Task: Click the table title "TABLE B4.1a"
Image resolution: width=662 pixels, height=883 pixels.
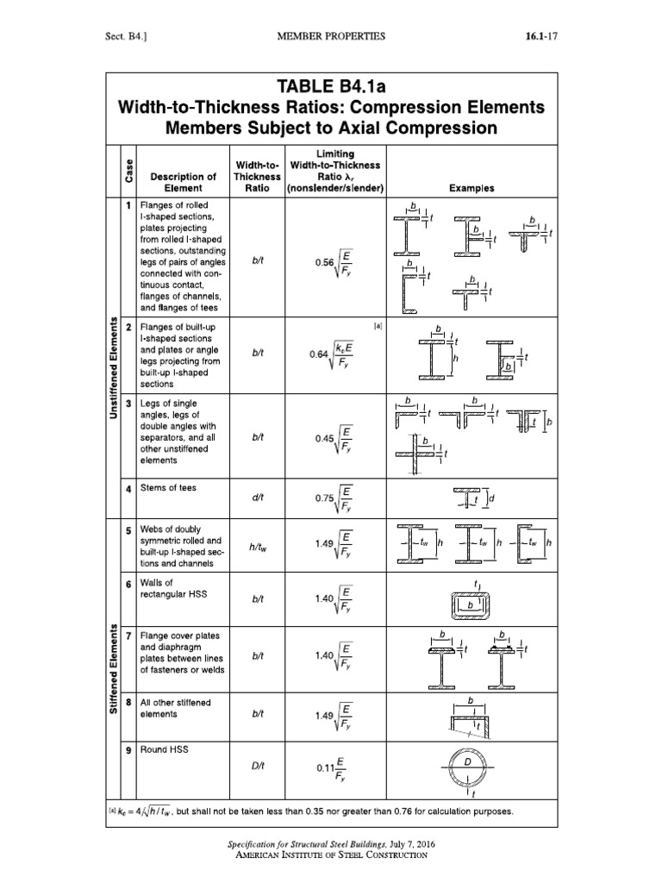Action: [x=332, y=86]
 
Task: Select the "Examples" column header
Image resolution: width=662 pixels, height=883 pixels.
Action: [x=471, y=187]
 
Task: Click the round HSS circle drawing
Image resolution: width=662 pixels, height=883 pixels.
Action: [x=469, y=767]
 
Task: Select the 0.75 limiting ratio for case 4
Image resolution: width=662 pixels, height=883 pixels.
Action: [x=332, y=497]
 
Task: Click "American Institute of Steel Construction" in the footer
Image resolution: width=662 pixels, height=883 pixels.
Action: [x=332, y=855]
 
